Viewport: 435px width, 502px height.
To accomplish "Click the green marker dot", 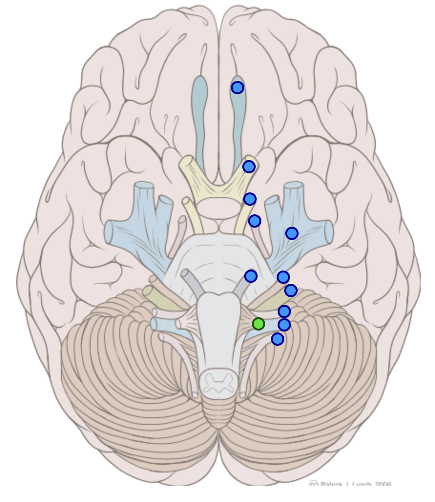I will [259, 324].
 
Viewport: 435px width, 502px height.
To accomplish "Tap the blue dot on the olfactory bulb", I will [238, 88].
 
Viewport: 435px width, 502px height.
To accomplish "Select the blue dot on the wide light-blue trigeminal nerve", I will [291, 233].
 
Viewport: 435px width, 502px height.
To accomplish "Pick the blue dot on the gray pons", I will [251, 276].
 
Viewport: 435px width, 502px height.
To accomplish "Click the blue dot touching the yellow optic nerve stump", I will [249, 167].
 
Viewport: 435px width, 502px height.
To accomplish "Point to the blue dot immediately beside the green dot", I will [284, 325].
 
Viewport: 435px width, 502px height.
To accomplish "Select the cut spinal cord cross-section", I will [219, 381].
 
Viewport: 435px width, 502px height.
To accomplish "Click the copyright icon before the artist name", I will [313, 483].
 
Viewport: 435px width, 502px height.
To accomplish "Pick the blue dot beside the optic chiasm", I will [250, 199].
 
